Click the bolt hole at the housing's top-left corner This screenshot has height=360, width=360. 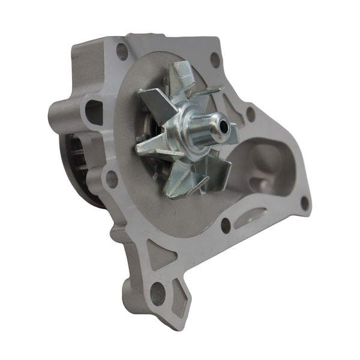[122, 52]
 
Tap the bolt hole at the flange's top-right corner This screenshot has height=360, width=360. [215, 59]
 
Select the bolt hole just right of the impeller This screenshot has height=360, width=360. [250, 114]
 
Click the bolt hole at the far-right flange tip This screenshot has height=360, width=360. [304, 203]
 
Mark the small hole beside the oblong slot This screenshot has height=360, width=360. [226, 225]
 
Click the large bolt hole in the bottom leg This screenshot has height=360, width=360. [157, 293]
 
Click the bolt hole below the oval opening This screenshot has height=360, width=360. [112, 179]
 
